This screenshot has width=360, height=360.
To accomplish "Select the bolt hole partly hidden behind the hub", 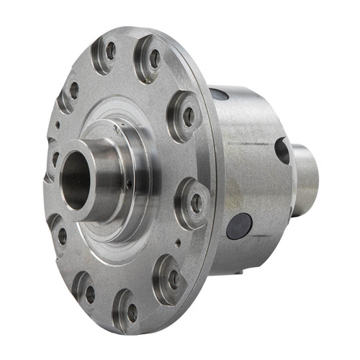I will [54, 158].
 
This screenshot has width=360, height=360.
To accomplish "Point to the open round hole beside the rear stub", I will [282, 150].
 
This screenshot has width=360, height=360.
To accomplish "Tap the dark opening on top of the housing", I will [220, 94].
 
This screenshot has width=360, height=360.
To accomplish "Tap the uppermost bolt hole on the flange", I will [110, 50].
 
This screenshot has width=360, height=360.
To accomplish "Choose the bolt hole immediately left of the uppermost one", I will [73, 90].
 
